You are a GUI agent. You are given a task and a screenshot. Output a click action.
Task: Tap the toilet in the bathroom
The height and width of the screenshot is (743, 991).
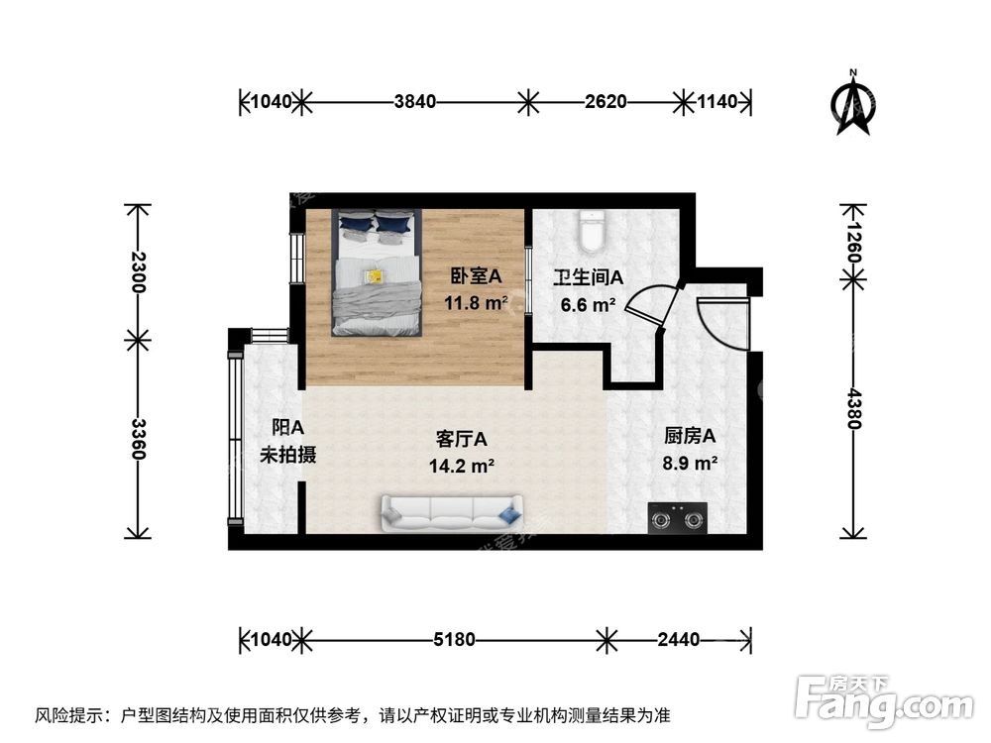pos(592,232)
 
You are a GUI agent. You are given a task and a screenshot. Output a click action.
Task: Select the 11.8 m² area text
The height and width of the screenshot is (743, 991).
pos(477,303)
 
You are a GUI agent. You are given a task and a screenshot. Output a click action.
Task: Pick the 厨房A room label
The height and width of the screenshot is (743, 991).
pos(689,435)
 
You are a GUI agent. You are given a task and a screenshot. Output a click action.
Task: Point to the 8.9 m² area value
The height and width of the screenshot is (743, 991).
pos(689,463)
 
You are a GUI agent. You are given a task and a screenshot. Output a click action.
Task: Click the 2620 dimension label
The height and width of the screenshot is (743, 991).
pos(604,101)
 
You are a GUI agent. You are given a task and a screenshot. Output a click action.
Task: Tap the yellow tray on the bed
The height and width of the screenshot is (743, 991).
pos(374,276)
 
